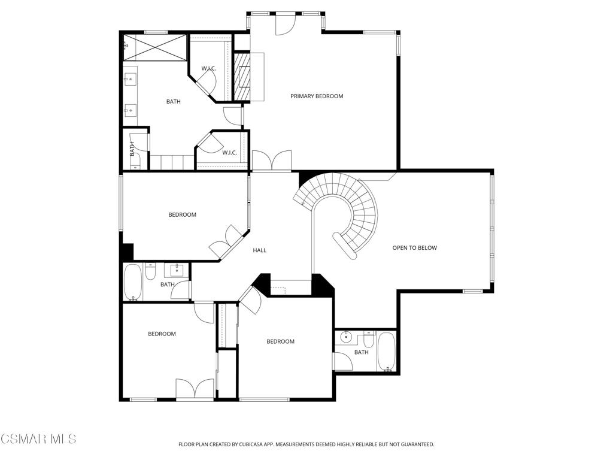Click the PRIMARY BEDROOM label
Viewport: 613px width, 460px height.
pyautogui.click(x=317, y=96)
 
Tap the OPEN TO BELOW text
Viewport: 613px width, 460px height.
pyautogui.click(x=414, y=247)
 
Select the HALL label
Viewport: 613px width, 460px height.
pyautogui.click(x=260, y=250)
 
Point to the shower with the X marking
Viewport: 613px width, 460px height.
pyautogui.click(x=155, y=47)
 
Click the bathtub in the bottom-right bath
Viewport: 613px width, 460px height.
pyautogui.click(x=387, y=352)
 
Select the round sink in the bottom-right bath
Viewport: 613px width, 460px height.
pyautogui.click(x=345, y=337)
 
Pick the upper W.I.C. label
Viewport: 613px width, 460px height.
pyautogui.click(x=209, y=69)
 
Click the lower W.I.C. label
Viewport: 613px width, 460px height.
pyautogui.click(x=229, y=153)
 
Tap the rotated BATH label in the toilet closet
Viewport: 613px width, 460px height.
pyautogui.click(x=132, y=149)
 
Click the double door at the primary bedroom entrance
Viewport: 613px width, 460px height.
pyautogui.click(x=272, y=161)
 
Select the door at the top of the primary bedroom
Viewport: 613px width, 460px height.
pyautogui.click(x=284, y=24)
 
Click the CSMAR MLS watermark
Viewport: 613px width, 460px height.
pyautogui.click(x=38, y=438)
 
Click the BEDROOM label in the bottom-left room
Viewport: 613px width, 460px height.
pyautogui.click(x=162, y=334)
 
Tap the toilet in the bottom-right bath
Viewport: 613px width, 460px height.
pyautogui.click(x=369, y=340)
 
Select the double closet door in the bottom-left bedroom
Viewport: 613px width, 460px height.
pyautogui.click(x=195, y=389)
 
